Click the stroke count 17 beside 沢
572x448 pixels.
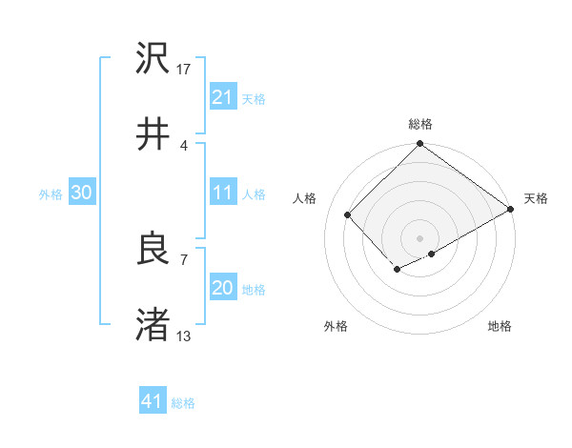(184, 70)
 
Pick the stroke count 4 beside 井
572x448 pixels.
(183, 145)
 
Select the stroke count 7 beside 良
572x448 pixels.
(183, 258)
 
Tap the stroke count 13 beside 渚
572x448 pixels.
(184, 336)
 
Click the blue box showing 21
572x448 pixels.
(222, 97)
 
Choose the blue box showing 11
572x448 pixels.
(222, 193)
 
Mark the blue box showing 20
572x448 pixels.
(222, 288)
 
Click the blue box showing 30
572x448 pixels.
(82, 193)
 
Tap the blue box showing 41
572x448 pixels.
(153, 401)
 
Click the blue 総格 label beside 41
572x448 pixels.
(183, 403)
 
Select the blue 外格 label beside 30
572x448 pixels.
(51, 194)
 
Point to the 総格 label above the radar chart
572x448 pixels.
(419, 124)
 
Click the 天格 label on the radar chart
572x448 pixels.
(536, 198)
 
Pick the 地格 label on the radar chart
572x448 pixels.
(500, 326)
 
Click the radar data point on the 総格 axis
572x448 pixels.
(419, 145)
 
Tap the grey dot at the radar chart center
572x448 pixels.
(419, 236)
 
